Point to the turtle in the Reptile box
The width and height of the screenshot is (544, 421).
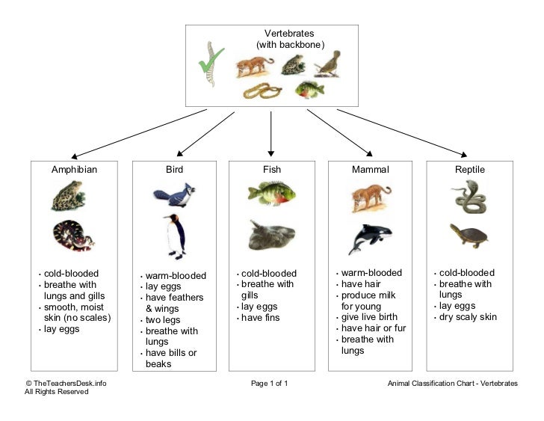(469, 235)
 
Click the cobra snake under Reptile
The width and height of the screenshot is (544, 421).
(469, 197)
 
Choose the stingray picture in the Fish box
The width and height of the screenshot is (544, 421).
(271, 235)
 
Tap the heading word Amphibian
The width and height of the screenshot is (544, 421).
(74, 170)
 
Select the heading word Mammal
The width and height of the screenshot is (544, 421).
(370, 170)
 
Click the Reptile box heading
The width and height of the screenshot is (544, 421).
(469, 170)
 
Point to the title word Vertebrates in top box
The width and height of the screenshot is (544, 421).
(289, 34)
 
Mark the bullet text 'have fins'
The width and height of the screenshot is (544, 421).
(261, 318)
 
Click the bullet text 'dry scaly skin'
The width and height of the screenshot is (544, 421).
(468, 317)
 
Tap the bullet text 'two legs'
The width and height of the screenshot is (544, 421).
(162, 320)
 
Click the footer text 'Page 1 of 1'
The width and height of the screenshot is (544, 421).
(269, 384)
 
